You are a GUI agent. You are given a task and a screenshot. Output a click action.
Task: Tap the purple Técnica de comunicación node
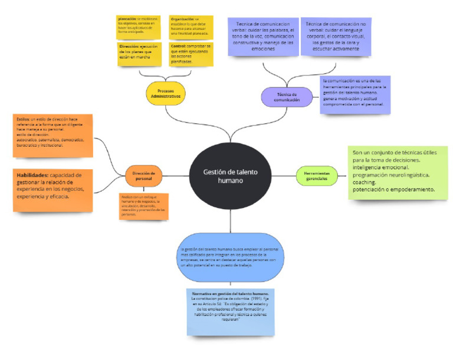click(x=287, y=97)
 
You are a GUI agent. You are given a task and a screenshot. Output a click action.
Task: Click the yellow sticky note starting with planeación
click(x=139, y=25)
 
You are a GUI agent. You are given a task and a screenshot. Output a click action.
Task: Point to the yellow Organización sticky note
click(x=190, y=25)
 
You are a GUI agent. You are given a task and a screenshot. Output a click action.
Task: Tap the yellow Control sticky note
click(x=190, y=53)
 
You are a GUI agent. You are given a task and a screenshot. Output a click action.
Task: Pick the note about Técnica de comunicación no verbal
click(x=336, y=37)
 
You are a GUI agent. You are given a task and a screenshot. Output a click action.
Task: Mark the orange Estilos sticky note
click(x=53, y=135)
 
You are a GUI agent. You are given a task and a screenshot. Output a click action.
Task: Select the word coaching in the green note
click(x=365, y=183)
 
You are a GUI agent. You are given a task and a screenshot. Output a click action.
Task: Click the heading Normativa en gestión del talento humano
click(x=231, y=293)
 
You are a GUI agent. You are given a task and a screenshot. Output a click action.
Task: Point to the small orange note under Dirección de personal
click(x=144, y=206)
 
